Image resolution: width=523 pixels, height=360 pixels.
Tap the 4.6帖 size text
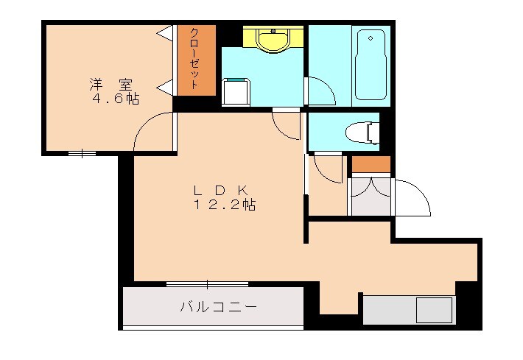[x=116, y=98]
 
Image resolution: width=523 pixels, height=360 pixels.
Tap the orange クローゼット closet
[x=195, y=60]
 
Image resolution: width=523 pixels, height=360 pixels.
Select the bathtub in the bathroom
[x=371, y=66]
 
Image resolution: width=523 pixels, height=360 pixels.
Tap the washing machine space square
[x=237, y=91]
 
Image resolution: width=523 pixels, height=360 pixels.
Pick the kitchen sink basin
[x=433, y=310]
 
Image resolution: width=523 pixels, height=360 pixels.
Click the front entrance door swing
[x=412, y=195]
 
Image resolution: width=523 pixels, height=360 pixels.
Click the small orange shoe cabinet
[x=371, y=165]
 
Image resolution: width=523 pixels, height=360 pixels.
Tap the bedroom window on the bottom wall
[x=83, y=153]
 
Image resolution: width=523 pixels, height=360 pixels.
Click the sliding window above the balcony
[x=207, y=284]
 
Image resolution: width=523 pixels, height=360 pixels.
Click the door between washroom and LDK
[x=286, y=124]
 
